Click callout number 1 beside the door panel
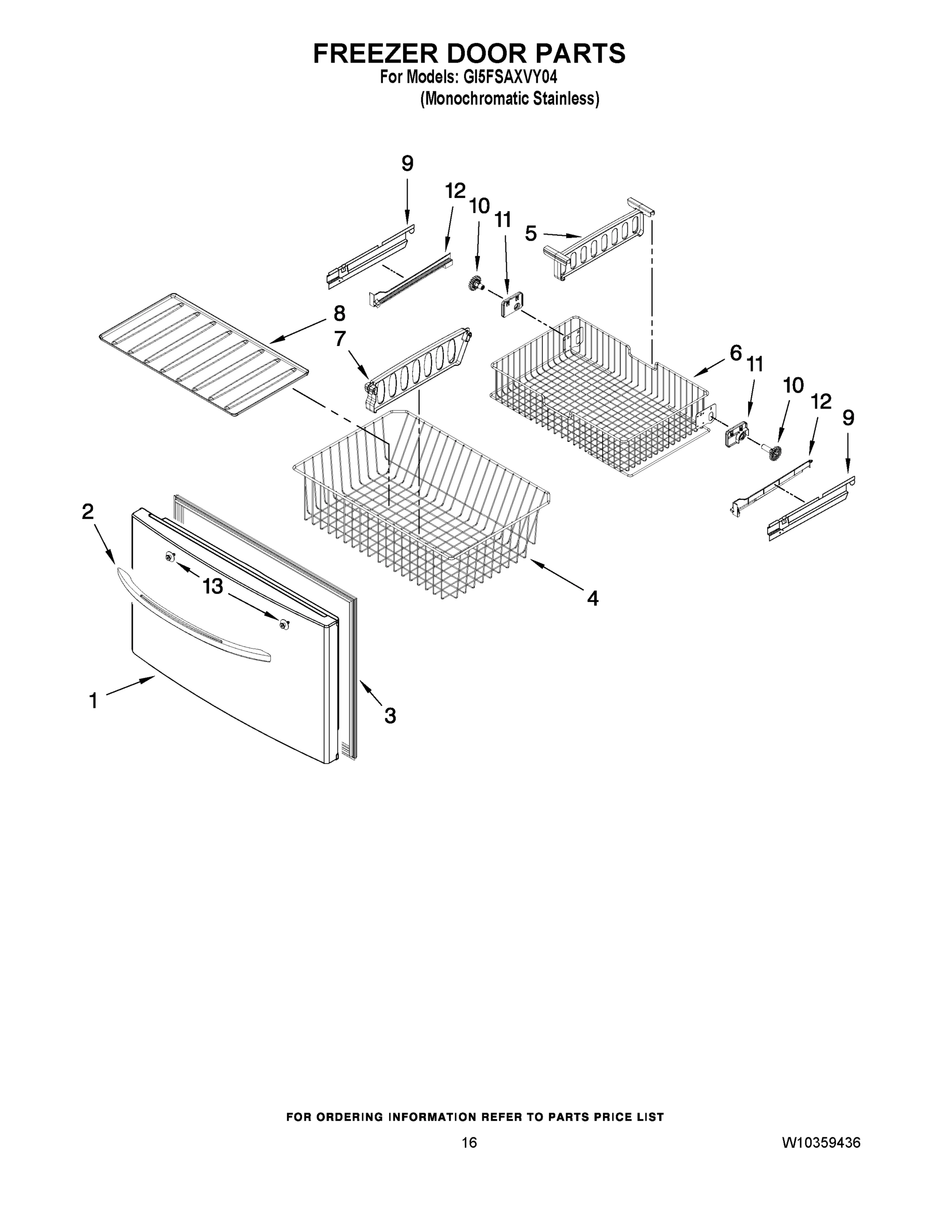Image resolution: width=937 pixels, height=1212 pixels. pyautogui.click(x=93, y=701)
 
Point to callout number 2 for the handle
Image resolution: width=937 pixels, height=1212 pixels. pyautogui.click(x=88, y=512)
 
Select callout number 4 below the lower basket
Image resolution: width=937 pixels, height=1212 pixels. pyautogui.click(x=593, y=598)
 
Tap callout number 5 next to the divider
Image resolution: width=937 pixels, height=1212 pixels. pyautogui.click(x=531, y=234)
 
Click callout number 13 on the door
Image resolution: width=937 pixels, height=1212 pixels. pyautogui.click(x=213, y=586)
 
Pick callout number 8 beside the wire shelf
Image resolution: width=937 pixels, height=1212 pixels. pyautogui.click(x=339, y=314)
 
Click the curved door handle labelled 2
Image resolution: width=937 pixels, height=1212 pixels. pyautogui.click(x=189, y=613)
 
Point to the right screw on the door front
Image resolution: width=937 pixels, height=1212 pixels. pyautogui.click(x=285, y=624)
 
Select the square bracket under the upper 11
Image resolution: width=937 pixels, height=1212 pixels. pyautogui.click(x=512, y=306)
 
